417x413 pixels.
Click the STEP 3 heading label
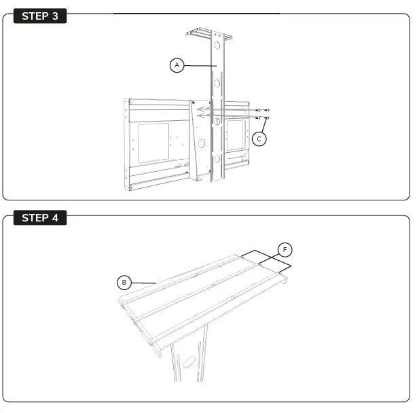coord(40,16)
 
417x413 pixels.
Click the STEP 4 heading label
coord(40,218)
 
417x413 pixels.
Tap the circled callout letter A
coord(177,65)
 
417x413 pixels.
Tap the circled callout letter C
coord(259,138)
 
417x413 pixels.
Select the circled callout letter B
coord(124,281)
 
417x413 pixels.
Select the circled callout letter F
coord(286,249)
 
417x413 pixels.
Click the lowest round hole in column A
coord(217,160)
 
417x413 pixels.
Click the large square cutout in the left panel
coord(153,143)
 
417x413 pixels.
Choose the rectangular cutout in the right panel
coord(236,135)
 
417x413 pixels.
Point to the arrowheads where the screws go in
coord(201,112)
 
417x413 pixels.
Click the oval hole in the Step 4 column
coord(189,362)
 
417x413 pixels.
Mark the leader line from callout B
coord(143,282)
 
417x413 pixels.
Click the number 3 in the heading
coord(55,16)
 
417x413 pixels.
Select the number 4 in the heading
coord(55,218)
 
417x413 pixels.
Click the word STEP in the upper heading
coord(34,16)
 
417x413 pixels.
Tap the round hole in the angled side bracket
coord(202,143)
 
